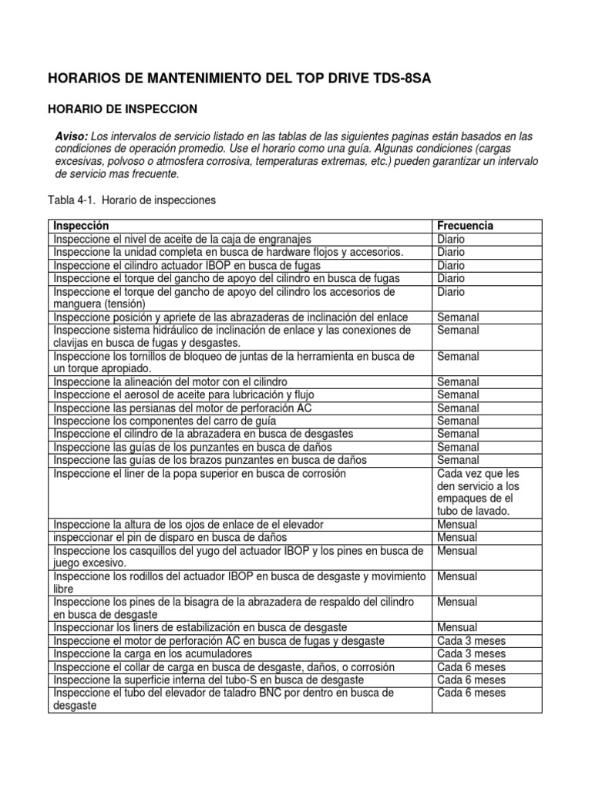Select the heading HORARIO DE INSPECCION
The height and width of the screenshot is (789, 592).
pyautogui.click(x=123, y=109)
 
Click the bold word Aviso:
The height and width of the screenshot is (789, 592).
pyautogui.click(x=72, y=136)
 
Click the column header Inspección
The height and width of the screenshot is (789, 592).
pyautogui.click(x=81, y=226)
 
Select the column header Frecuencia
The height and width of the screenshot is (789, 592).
pyautogui.click(x=465, y=226)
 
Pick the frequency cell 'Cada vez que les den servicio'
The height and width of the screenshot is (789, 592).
pyautogui.click(x=478, y=492)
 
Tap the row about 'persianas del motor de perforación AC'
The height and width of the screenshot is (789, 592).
pyautogui.click(x=182, y=408)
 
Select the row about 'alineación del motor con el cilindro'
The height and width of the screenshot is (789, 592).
pyautogui.click(x=170, y=381)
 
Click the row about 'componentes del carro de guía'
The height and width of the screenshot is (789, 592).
pyautogui.click(x=164, y=421)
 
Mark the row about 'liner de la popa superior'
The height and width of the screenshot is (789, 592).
pyautogui.click(x=199, y=473)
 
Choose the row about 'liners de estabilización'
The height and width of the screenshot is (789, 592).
pyautogui.click(x=199, y=627)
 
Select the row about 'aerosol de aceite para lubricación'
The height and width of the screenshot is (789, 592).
pyautogui.click(x=183, y=394)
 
